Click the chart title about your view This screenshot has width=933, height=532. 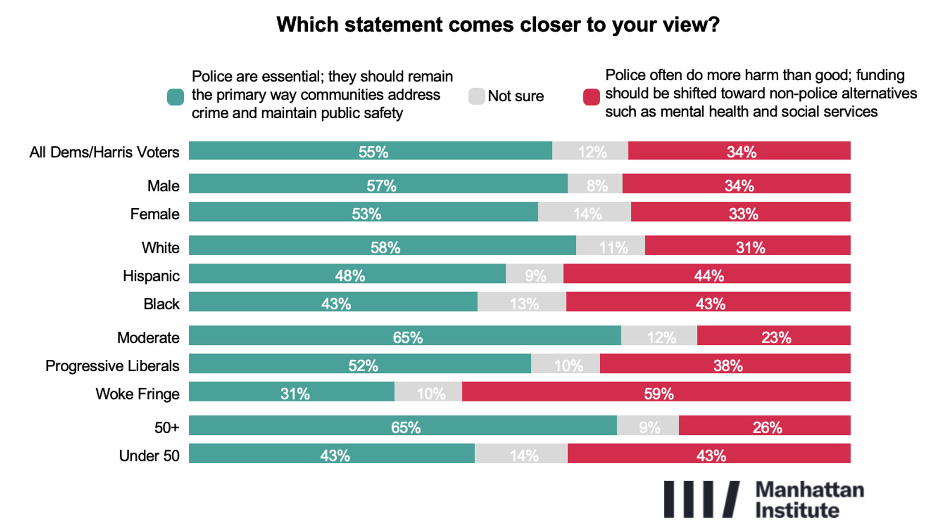(x=498, y=25)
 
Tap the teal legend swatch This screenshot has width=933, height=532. (x=176, y=97)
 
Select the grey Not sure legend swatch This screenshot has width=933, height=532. (x=476, y=96)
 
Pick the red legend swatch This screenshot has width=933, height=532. (x=591, y=97)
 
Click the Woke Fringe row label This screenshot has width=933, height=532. (x=137, y=394)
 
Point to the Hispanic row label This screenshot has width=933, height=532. (x=151, y=276)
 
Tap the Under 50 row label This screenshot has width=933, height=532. (x=149, y=456)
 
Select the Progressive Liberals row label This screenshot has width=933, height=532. (x=112, y=365)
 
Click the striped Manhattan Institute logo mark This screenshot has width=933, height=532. (x=702, y=499)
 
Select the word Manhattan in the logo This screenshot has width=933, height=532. (x=810, y=490)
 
